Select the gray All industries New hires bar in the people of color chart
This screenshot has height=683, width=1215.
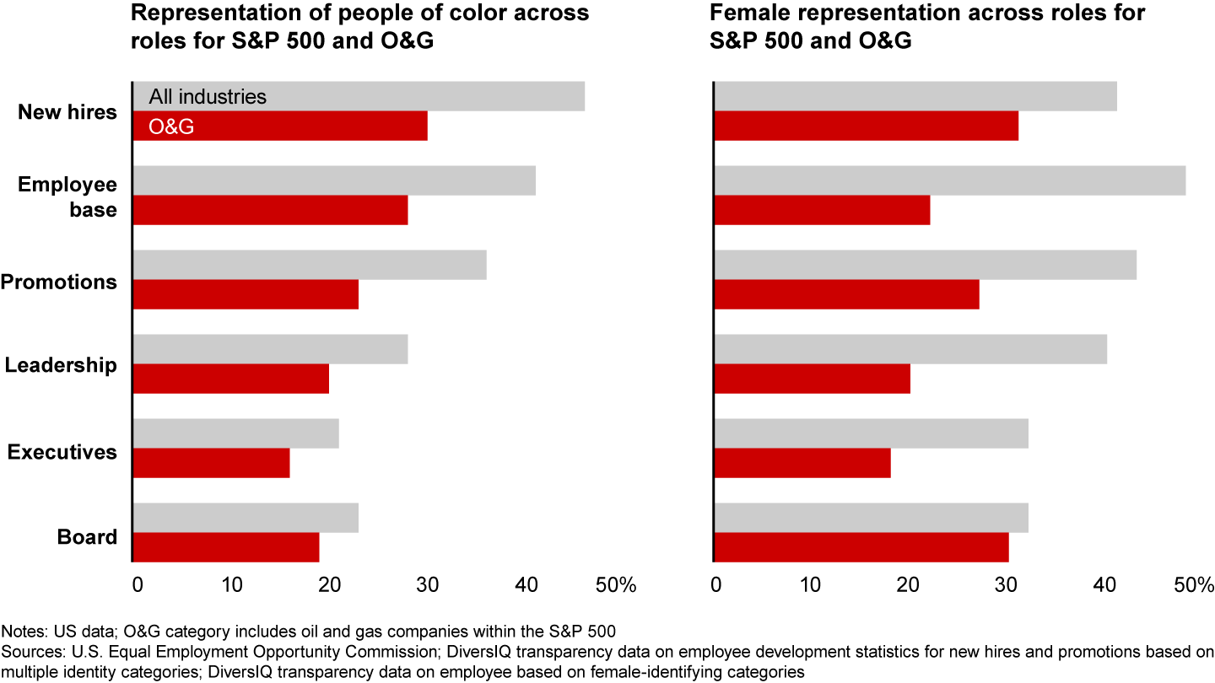[x=422, y=96]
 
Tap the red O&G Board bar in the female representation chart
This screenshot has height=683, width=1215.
[x=861, y=547]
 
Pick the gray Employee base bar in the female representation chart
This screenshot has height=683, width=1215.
[x=949, y=180]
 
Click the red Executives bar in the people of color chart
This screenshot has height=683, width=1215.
[x=211, y=463]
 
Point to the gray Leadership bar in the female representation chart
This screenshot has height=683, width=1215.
[x=910, y=349]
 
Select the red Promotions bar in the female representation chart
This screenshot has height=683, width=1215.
[x=846, y=294]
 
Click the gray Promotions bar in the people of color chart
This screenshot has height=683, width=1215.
[x=309, y=265]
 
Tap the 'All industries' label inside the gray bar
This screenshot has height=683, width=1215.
[x=208, y=97]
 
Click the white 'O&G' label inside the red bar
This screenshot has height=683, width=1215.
[x=171, y=126]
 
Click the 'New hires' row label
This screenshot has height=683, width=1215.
[x=67, y=111]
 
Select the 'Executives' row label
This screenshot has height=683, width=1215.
[x=62, y=452]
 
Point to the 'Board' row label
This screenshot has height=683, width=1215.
[x=87, y=537]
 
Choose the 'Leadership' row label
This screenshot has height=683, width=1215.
[x=61, y=365]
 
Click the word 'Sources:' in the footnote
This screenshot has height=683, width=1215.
[x=29, y=651]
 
